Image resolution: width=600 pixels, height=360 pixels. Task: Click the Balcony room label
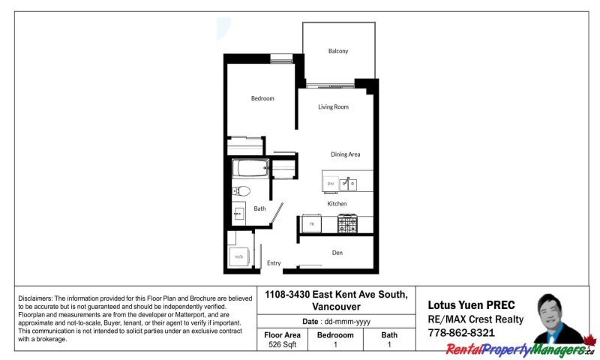338,51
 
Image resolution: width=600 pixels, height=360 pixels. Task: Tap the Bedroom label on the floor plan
262,98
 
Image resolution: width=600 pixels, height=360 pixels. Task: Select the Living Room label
333,107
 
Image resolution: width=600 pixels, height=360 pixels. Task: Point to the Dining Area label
346,154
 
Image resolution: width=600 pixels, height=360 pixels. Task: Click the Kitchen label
337,204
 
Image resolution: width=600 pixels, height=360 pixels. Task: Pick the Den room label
337,253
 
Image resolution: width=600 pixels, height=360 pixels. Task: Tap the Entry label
274,263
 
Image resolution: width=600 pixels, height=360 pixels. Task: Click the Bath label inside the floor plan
259,208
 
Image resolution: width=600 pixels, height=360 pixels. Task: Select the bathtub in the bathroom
250,168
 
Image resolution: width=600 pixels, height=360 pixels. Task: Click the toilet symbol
241,190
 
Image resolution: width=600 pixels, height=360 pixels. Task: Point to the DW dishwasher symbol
331,183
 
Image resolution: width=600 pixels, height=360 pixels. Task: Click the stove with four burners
347,223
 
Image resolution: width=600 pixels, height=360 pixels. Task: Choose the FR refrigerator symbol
311,223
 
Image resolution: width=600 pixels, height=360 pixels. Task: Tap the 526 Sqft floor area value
283,345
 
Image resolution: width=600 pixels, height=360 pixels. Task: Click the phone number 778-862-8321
460,332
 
